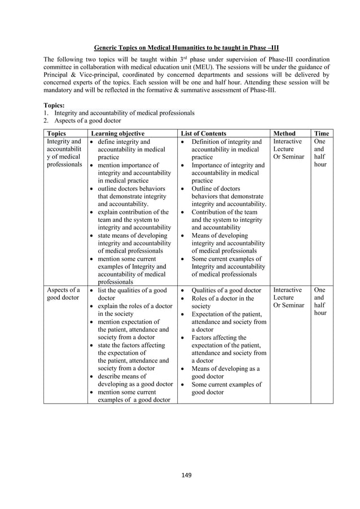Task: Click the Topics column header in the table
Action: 60,133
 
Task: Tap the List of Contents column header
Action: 207,133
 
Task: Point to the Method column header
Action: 284,133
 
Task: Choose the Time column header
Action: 322,133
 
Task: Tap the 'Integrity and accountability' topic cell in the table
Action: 64,153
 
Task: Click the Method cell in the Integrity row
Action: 288,149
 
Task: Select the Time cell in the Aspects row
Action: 320,301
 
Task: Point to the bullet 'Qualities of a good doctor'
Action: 226,291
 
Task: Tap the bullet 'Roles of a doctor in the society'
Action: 222,302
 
